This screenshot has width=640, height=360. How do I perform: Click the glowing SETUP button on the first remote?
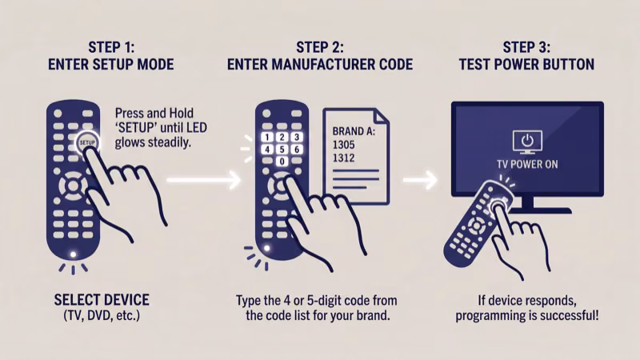point(87,140)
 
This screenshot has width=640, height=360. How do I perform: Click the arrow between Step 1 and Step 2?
point(204,181)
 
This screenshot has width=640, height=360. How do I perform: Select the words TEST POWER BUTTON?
point(526,64)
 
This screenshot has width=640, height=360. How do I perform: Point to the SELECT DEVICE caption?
point(102,300)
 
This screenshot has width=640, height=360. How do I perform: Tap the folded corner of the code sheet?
point(380,118)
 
